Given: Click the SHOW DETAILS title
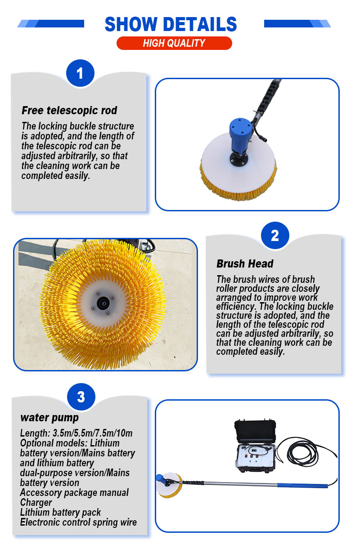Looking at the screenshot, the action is pos(171,24).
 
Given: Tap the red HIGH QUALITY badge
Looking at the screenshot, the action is pos(174,43).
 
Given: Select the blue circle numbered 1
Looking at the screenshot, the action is pos(80,73).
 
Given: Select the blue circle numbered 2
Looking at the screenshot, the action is pos(275,235).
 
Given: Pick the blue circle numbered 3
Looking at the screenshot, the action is pos(81,397).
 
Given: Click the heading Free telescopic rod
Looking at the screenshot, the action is pos(69,110).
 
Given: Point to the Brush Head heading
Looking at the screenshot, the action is pos(245,264).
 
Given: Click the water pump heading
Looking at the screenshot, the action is pos(49,418).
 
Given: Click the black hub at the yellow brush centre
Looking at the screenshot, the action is pos(103,304).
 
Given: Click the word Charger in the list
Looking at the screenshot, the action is pos(36,502).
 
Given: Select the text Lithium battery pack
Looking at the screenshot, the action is pos(60,512).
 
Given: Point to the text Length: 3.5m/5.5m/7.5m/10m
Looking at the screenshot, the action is pos(76,433).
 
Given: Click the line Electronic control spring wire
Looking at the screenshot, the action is pos(78,522).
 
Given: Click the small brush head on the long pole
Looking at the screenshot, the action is pos(169,485).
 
